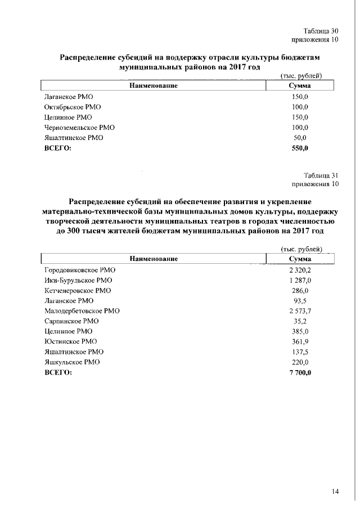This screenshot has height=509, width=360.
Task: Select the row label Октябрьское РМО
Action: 73,107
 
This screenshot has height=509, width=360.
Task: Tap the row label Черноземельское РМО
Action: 79,128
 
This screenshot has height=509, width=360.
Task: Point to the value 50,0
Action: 300,138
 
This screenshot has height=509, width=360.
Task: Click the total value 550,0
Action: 300,148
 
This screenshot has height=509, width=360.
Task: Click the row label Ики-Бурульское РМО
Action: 78,280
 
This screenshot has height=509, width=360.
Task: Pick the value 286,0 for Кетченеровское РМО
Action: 300,290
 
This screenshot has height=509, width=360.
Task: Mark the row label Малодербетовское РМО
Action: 82,310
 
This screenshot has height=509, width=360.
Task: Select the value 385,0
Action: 300,331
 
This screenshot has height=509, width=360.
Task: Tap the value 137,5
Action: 300,352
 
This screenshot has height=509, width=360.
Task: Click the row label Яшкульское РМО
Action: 72,362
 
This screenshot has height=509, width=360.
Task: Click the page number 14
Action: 335,492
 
